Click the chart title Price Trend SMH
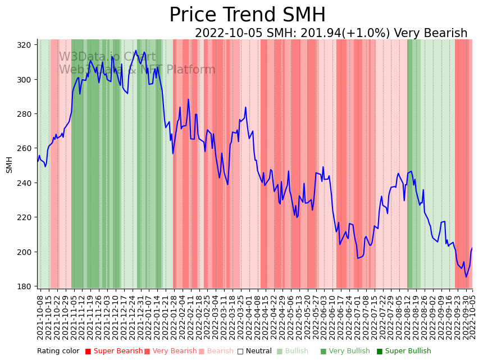(x=247, y=15)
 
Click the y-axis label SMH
(x=10, y=165)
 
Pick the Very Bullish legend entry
(x=349, y=352)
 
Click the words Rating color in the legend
(x=58, y=352)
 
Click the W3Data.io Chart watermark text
(x=107, y=57)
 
